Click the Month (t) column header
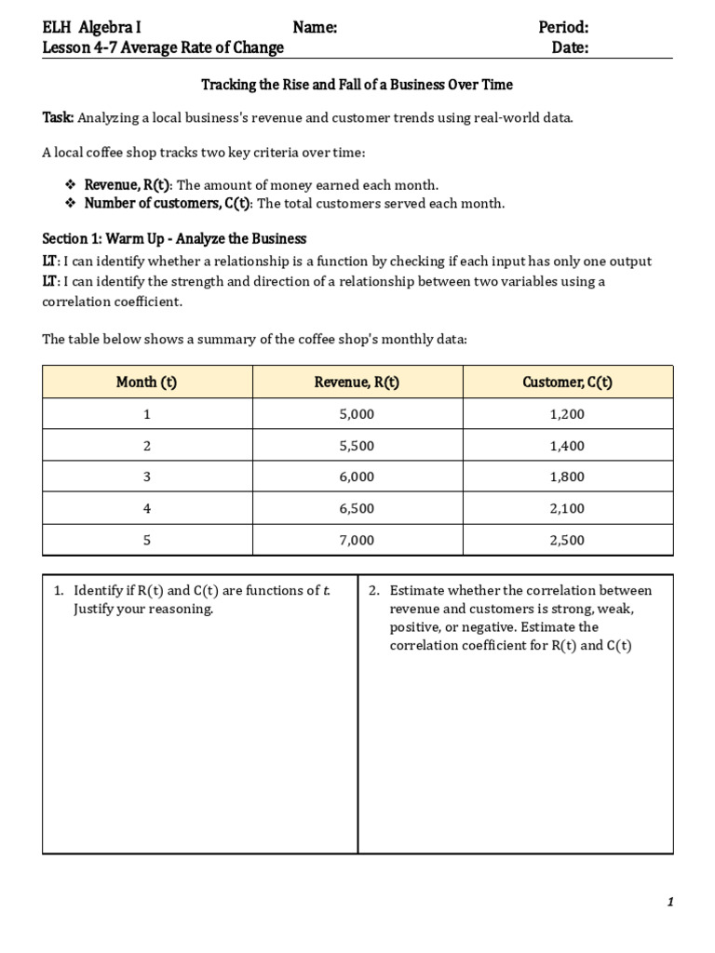pos(146,382)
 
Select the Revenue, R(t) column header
pos(357,382)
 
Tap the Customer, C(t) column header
pos(567,382)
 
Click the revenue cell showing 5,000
pos(357,414)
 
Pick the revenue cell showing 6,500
pos(357,508)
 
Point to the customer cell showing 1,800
pos(567,476)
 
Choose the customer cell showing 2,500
pos(567,540)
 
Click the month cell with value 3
pos(146,476)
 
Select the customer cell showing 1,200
pos(567,414)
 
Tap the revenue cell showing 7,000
pos(357,540)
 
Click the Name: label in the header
pos(315,28)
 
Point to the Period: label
pos(563,28)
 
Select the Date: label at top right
pos(570,47)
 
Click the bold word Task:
pos(58,117)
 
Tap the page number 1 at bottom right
pos(669,902)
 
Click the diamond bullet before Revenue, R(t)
pos(71,185)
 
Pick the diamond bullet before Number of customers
pos(71,204)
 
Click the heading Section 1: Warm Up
pos(174,239)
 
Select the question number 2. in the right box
pos(374,591)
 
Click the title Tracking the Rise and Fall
pos(357,85)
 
